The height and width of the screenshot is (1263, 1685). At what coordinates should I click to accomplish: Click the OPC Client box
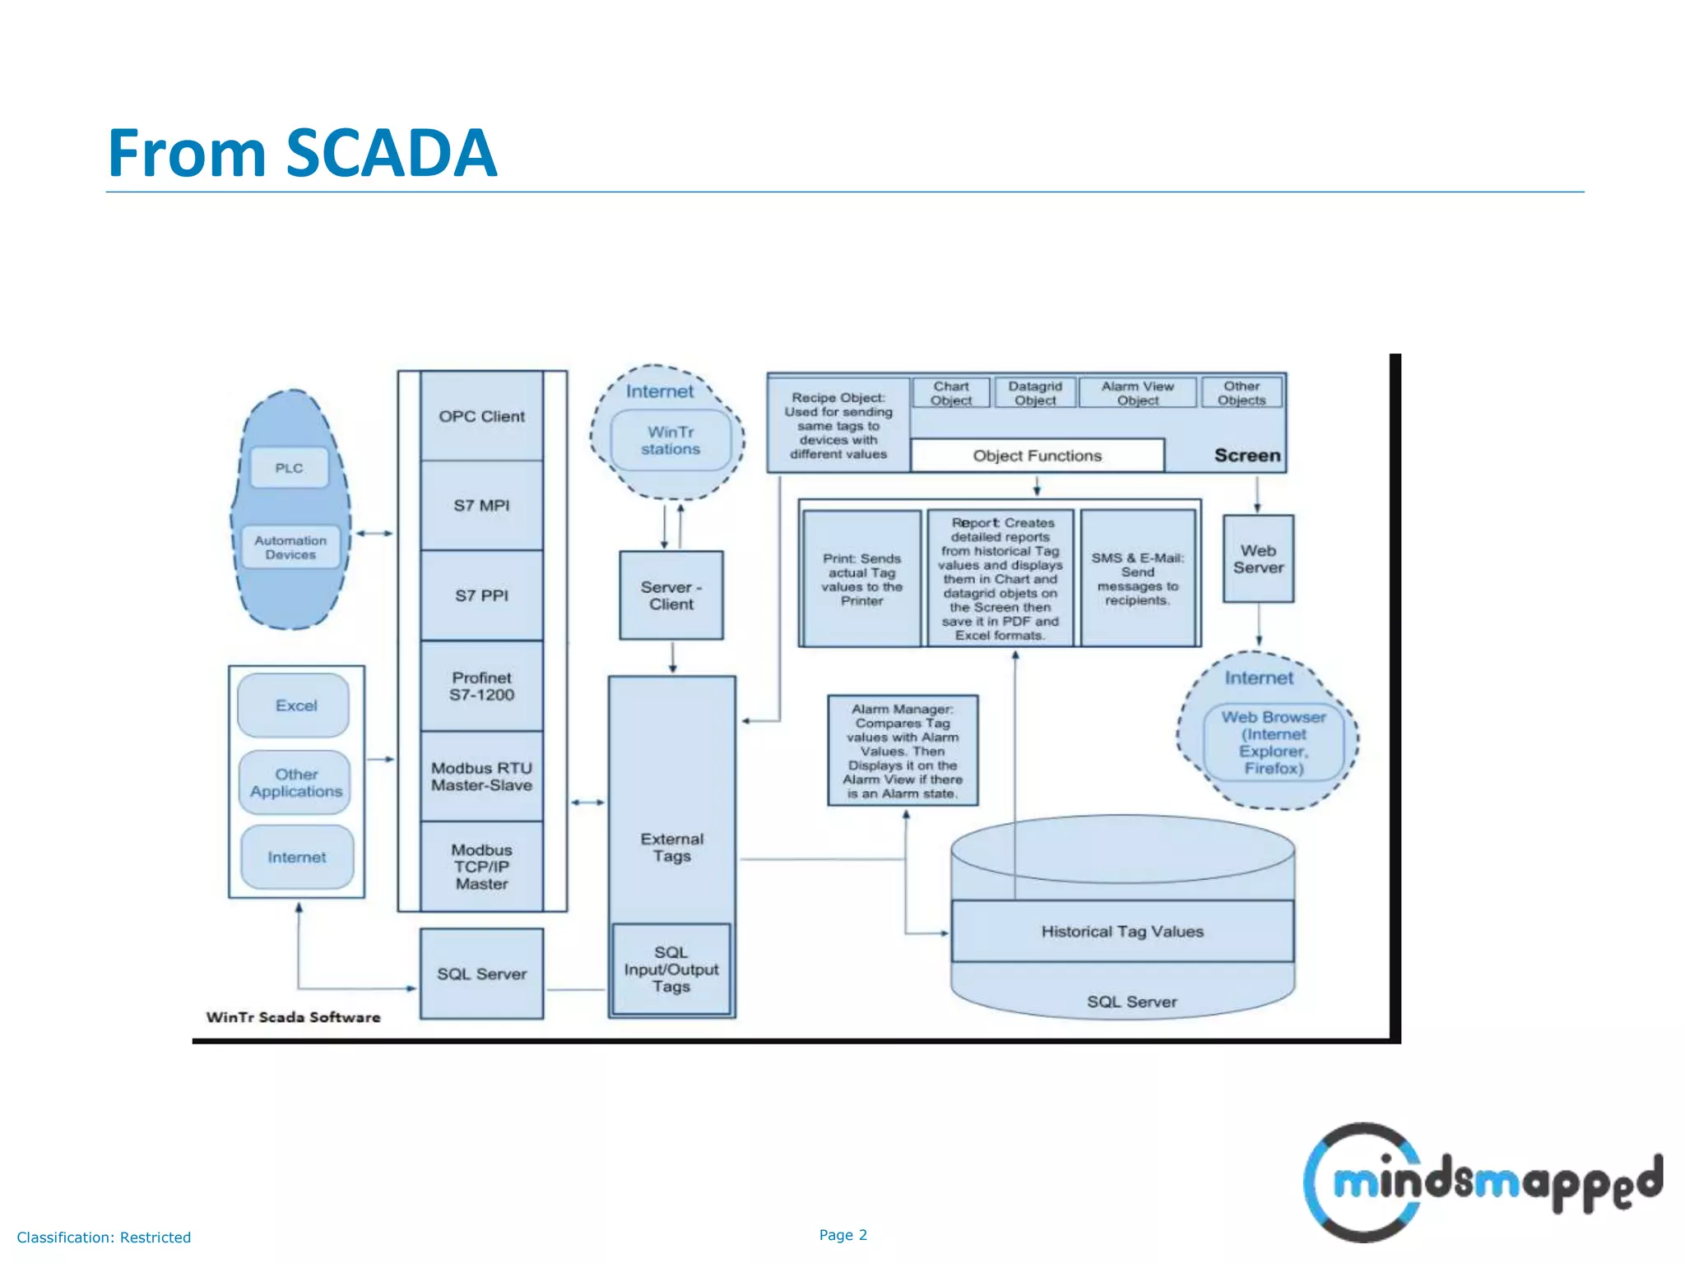tap(481, 416)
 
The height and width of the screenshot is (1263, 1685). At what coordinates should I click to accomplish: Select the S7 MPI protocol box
tap(481, 505)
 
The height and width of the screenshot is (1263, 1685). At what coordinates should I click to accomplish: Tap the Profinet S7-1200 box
tap(481, 686)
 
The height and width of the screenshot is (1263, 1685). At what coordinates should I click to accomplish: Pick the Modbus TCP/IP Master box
tap(481, 867)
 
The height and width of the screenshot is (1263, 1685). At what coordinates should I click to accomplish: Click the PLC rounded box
tap(289, 468)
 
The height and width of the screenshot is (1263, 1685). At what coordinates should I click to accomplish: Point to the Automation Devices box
tap(290, 548)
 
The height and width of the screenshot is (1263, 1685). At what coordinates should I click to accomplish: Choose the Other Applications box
tap(295, 783)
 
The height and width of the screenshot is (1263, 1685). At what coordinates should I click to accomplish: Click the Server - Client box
tap(671, 595)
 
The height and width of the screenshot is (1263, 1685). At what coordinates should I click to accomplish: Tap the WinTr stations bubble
tap(671, 441)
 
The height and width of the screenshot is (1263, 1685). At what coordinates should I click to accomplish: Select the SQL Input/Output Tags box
tap(671, 969)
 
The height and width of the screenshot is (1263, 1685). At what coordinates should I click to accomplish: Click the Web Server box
tap(1258, 559)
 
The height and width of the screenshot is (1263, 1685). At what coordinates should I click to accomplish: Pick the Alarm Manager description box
tap(903, 751)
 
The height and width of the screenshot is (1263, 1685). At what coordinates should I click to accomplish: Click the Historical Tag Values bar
tap(1122, 932)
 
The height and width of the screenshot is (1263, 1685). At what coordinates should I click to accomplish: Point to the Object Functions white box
tap(1037, 456)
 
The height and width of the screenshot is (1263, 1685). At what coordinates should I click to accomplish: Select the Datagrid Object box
tap(1035, 393)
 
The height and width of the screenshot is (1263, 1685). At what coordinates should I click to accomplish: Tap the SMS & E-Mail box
tap(1137, 579)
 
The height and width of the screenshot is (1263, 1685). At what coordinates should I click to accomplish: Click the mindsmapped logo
tap(1481, 1182)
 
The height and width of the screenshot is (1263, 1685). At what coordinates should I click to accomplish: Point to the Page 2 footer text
tap(842, 1234)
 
